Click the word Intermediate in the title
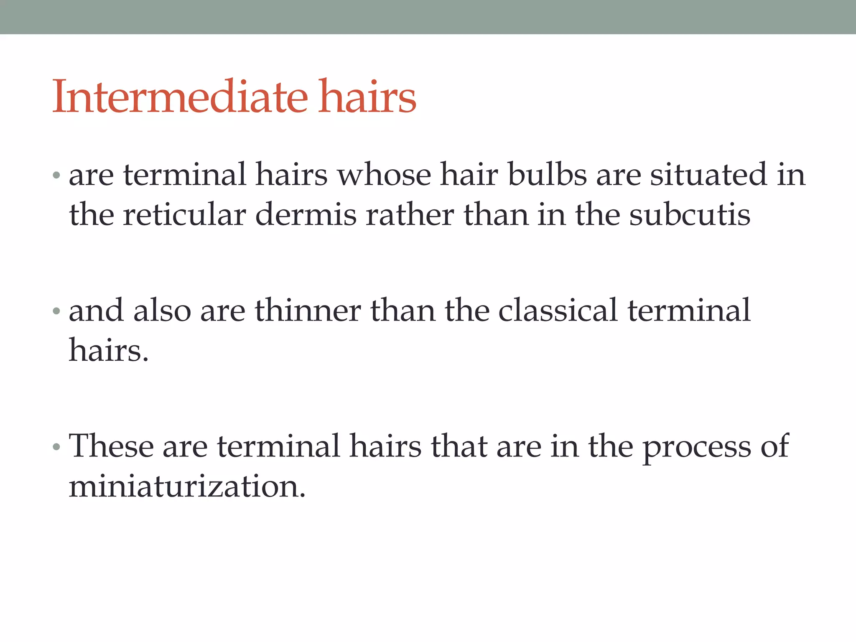coord(180,97)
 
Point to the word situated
coord(708,175)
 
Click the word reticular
coord(184,215)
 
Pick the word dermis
coord(306,215)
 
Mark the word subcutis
coord(690,215)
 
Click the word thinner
coord(308,311)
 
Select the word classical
coord(558,311)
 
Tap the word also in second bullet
coord(162,311)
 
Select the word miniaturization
coord(187,487)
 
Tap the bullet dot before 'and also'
coord(57,311)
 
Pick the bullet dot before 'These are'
coord(57,447)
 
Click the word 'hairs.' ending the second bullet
coord(109,350)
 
